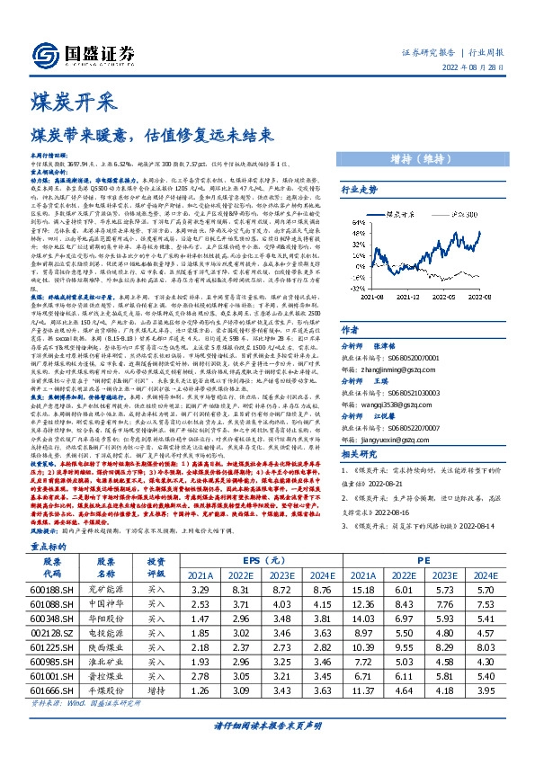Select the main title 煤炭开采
point(66,101)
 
